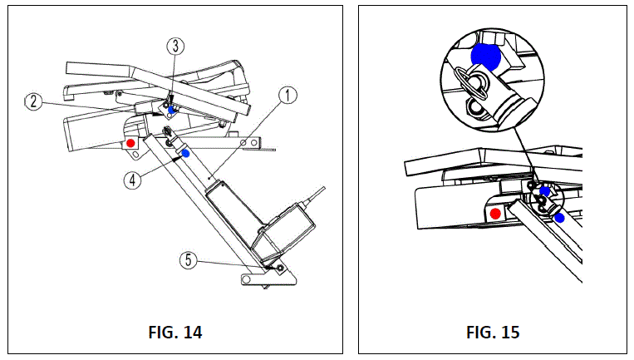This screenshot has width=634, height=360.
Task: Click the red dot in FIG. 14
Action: [130, 143]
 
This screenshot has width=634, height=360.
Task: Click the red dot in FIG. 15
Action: [496, 214]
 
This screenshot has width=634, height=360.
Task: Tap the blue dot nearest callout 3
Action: [172, 110]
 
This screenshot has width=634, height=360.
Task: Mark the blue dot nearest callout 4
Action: [185, 153]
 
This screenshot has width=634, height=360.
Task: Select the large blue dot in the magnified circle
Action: [484, 56]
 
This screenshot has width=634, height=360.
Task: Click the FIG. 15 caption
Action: [492, 333]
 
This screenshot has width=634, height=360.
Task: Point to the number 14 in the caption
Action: [191, 333]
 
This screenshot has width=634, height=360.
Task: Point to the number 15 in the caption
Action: [510, 333]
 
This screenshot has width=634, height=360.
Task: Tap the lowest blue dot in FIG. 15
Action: [560, 218]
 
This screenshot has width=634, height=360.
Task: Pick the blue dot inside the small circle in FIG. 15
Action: [544, 192]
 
